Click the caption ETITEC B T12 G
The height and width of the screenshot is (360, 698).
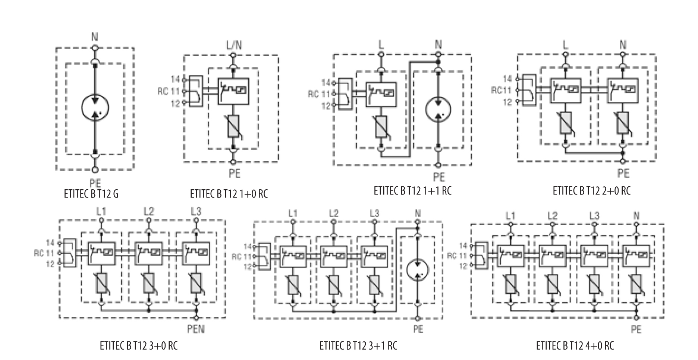(x=91, y=194)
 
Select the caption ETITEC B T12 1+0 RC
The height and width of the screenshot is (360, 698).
(x=229, y=194)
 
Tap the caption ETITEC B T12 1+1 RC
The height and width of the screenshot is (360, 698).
(x=412, y=190)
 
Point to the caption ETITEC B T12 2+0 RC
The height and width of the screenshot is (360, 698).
(x=592, y=190)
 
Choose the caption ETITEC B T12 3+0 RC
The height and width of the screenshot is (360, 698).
(x=139, y=345)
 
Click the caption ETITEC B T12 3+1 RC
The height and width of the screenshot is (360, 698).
(x=358, y=345)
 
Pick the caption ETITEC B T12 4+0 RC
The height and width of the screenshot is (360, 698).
(x=575, y=345)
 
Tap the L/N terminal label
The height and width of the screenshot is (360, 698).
(x=233, y=45)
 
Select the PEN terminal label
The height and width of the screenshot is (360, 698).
(x=196, y=329)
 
